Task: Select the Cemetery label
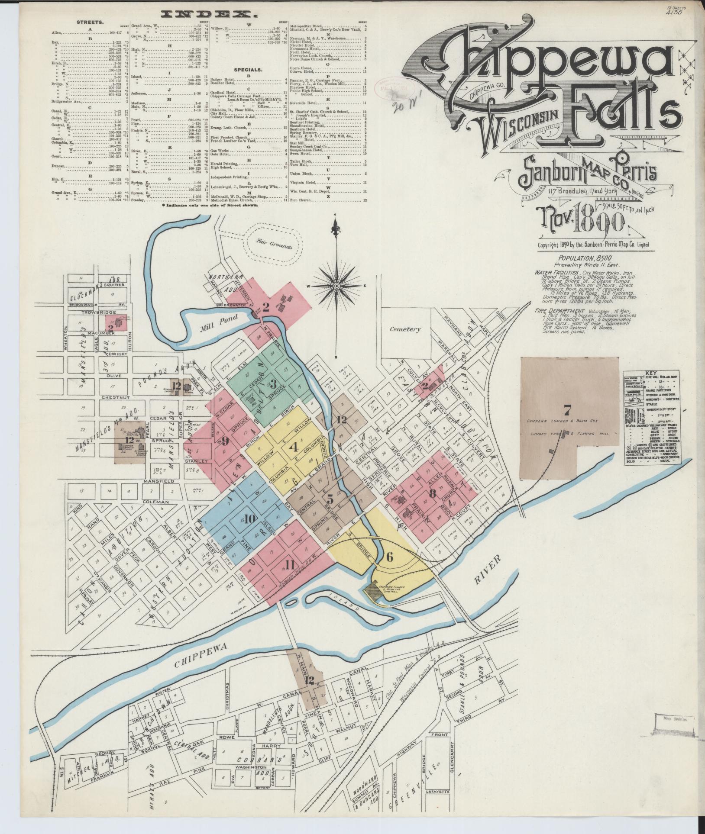click(405, 329)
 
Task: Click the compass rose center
click(337, 286)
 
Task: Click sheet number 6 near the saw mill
click(389, 557)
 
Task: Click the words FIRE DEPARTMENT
click(559, 311)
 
